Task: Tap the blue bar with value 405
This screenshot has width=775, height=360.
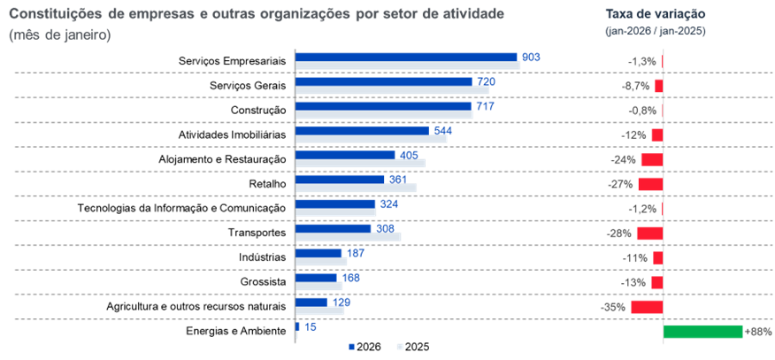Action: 345,154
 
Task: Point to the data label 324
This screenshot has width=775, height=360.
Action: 388,203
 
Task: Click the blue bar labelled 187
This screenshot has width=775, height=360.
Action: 318,253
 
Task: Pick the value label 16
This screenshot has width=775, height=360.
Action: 310,326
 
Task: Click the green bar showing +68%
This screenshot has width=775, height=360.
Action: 702,332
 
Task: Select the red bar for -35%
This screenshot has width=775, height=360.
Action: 647,307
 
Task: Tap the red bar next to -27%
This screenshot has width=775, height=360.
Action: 650,184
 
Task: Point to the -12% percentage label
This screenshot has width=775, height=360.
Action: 634,135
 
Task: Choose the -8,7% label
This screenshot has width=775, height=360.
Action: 636,86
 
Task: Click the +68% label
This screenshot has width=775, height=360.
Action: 758,332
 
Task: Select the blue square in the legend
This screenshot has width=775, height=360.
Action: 351,348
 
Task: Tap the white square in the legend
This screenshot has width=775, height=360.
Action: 400,348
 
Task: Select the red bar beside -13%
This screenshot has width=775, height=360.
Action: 656,282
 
